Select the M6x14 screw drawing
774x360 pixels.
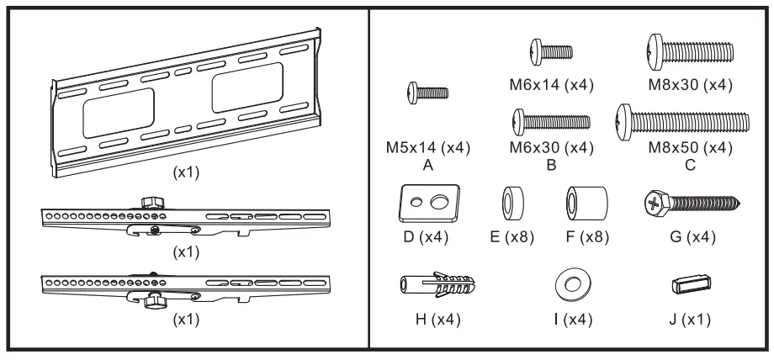551,50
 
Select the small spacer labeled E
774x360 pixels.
510,203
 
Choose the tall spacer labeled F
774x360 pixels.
580,203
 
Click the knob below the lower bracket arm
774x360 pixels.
156,301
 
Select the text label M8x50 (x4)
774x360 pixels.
690,149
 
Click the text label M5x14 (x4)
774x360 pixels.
428,149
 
